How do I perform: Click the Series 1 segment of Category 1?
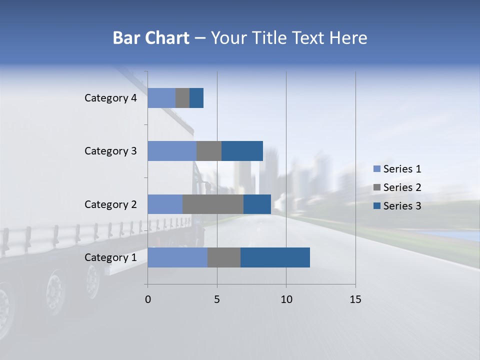pyautogui.click(x=177, y=257)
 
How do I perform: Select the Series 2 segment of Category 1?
pyautogui.click(x=224, y=257)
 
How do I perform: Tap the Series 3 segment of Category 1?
pyautogui.click(x=275, y=257)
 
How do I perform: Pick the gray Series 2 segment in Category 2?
pyautogui.click(x=213, y=204)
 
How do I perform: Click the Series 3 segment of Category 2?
pyautogui.click(x=257, y=204)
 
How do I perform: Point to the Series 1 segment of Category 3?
pyautogui.click(x=172, y=151)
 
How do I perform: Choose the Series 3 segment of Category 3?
pyautogui.click(x=242, y=151)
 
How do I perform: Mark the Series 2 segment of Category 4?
pyautogui.click(x=182, y=98)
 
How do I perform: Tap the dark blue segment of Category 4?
pyautogui.click(x=196, y=98)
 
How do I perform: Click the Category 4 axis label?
pyautogui.click(x=110, y=98)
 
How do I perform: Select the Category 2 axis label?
pyautogui.click(x=110, y=204)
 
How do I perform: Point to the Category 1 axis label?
pyautogui.click(x=110, y=257)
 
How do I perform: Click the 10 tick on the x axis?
pyautogui.click(x=286, y=299)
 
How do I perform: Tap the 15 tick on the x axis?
pyautogui.click(x=355, y=299)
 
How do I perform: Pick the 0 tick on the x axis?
pyautogui.click(x=147, y=299)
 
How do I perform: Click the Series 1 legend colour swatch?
pyautogui.click(x=376, y=169)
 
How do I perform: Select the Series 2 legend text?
pyautogui.click(x=402, y=187)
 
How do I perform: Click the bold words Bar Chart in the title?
pyautogui.click(x=150, y=38)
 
